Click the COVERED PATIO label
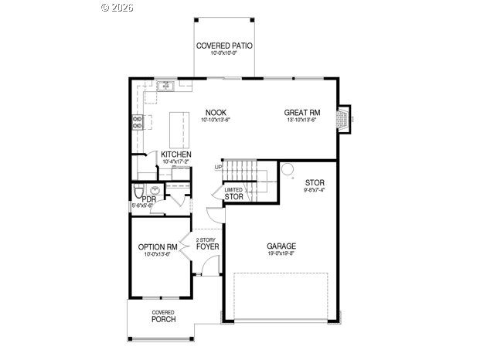point(224,46)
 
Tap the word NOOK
point(216,112)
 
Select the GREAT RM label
point(301,112)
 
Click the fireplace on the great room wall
point(343,117)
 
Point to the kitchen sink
point(165,87)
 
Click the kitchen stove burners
point(138,121)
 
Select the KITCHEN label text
point(176,155)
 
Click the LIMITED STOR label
point(233,194)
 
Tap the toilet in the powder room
point(138,190)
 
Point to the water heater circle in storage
point(287,168)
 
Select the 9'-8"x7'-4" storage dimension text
point(314,190)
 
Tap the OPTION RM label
point(158,247)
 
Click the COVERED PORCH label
point(163,316)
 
